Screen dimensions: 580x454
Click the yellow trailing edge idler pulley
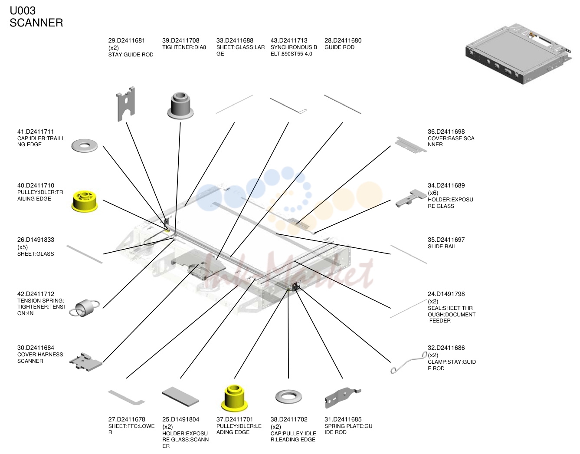pyautogui.click(x=85, y=201)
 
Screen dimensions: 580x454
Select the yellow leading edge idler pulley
pyautogui.click(x=234, y=398)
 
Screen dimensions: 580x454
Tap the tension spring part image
pyautogui.click(x=84, y=308)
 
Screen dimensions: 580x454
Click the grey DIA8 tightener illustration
pyautogui.click(x=180, y=105)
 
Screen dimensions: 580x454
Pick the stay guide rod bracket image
pyautogui.click(x=126, y=104)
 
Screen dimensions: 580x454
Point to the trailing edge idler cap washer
pyautogui.click(x=84, y=145)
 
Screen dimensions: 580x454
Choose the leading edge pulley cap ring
pyautogui.click(x=288, y=397)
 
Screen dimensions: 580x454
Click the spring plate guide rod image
pyautogui.click(x=343, y=398)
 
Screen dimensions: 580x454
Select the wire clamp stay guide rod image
pyautogui.click(x=408, y=362)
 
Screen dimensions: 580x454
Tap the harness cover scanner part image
pyautogui.click(x=85, y=362)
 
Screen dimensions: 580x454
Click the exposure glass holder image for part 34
pyautogui.click(x=411, y=198)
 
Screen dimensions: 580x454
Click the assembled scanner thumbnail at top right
pyautogui.click(x=518, y=54)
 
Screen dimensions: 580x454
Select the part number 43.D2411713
pyautogui.click(x=289, y=41)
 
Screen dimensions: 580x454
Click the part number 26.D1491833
pyautogui.click(x=36, y=240)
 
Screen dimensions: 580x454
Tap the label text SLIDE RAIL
pyautogui.click(x=442, y=247)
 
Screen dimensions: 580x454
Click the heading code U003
pyautogui.click(x=23, y=11)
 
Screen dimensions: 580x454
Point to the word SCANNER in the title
pyautogui.click(x=36, y=23)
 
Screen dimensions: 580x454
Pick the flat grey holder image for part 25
pyautogui.click(x=180, y=397)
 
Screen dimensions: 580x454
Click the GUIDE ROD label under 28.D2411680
pyautogui.click(x=340, y=47)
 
